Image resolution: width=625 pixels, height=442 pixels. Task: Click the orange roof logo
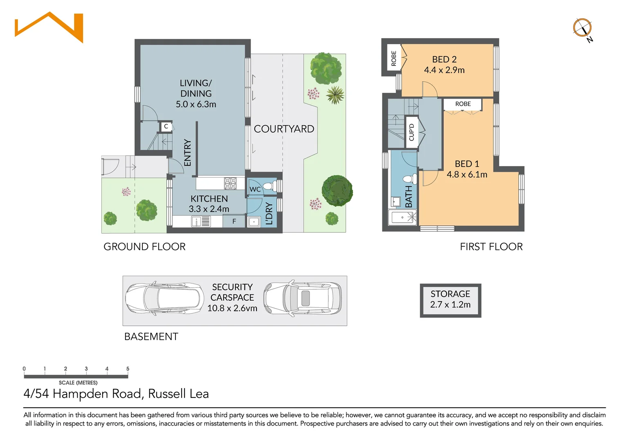[49, 27]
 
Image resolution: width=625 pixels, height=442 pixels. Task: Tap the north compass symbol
[582, 28]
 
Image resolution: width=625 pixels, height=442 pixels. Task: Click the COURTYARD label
[284, 129]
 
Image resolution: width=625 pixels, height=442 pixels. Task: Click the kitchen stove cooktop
[230, 183]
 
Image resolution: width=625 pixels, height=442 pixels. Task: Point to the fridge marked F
[234, 221]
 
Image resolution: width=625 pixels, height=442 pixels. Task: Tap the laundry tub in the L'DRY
[254, 222]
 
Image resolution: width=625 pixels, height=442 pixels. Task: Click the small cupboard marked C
[166, 126]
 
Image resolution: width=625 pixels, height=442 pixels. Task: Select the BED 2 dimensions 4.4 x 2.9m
[444, 70]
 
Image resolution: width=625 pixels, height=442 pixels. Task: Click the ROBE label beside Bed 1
[463, 104]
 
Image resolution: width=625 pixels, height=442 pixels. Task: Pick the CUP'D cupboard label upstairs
[411, 132]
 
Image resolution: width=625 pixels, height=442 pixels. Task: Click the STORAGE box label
[450, 294]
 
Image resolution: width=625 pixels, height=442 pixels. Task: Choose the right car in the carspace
[303, 299]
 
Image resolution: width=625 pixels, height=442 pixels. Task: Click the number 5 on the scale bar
[128, 369]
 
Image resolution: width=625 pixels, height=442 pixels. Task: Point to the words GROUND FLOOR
[144, 247]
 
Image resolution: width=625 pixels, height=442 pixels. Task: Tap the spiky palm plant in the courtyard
[335, 95]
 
